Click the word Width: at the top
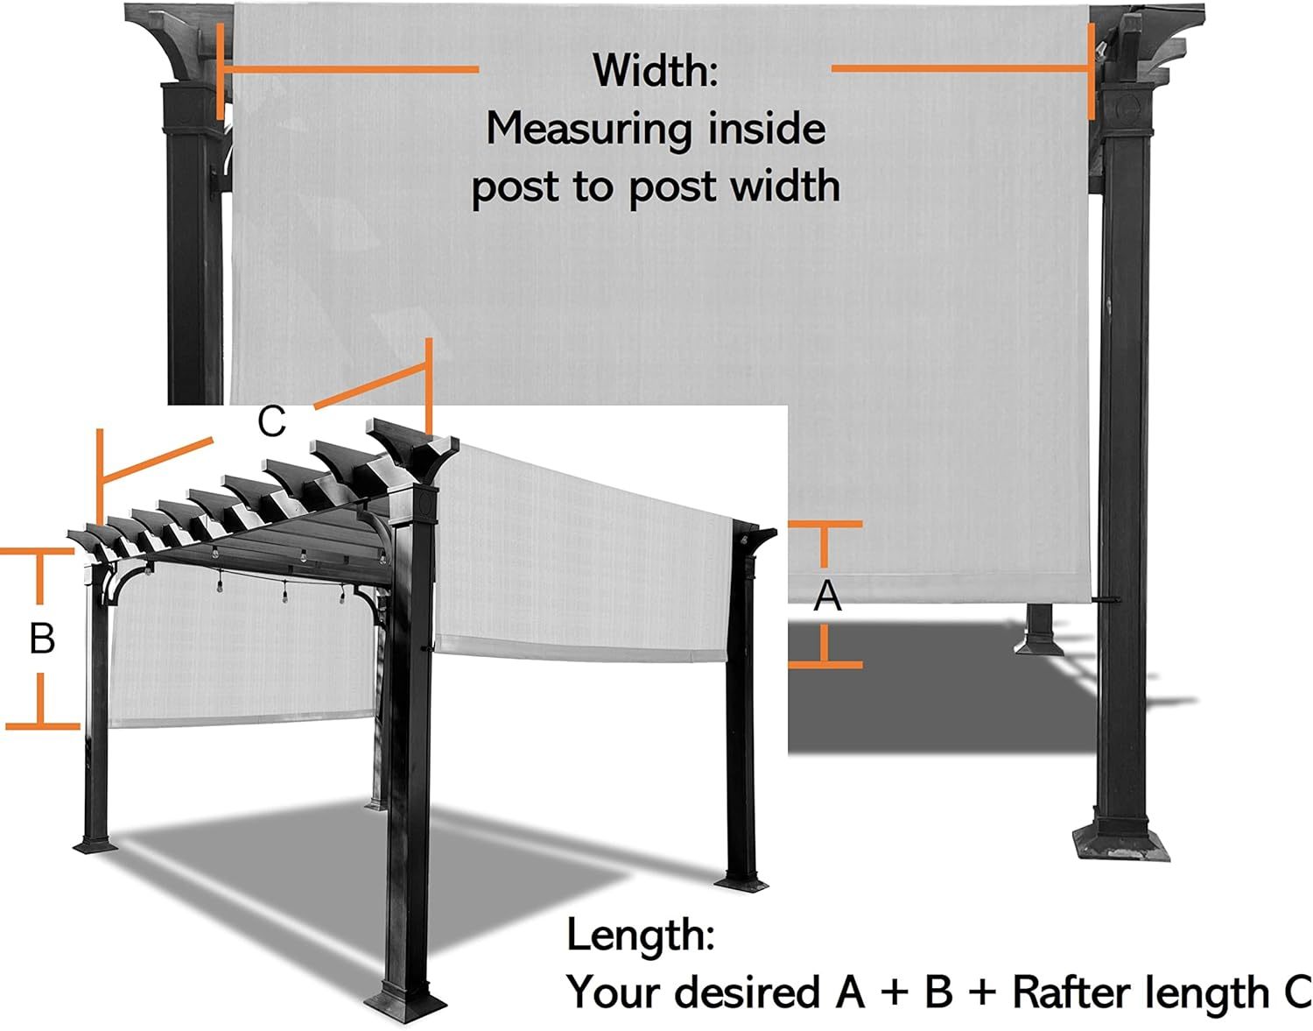[x=656, y=70]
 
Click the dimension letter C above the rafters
[x=271, y=421]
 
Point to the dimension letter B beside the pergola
[x=42, y=638]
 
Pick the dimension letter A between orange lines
[x=827, y=596]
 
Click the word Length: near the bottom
[x=641, y=935]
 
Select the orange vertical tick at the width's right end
[x=1092, y=71]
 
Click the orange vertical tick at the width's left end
[x=221, y=71]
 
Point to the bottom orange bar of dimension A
[x=825, y=665]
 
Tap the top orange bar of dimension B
[x=37, y=551]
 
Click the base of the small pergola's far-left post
[x=95, y=845]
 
